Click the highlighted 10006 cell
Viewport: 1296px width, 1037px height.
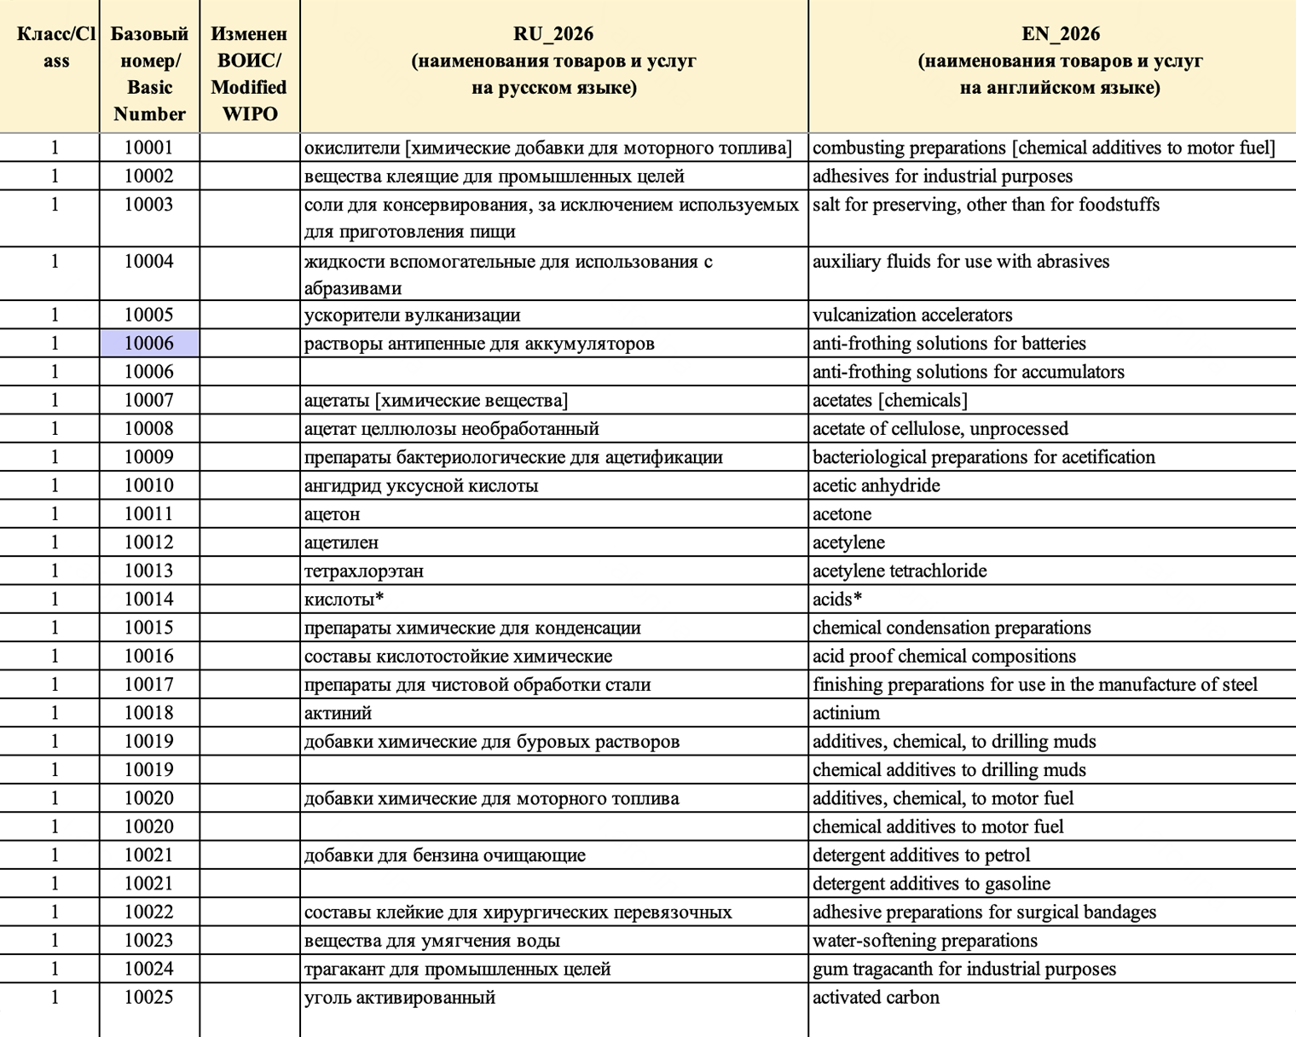149,343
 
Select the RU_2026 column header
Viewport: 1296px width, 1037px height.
553,60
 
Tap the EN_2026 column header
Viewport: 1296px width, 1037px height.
1060,60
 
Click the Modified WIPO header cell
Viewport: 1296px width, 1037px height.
249,73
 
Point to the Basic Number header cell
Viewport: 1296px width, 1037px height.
149,73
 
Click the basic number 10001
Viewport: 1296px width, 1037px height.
149,148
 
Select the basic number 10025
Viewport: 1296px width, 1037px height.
149,998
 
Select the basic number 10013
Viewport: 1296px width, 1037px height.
149,571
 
